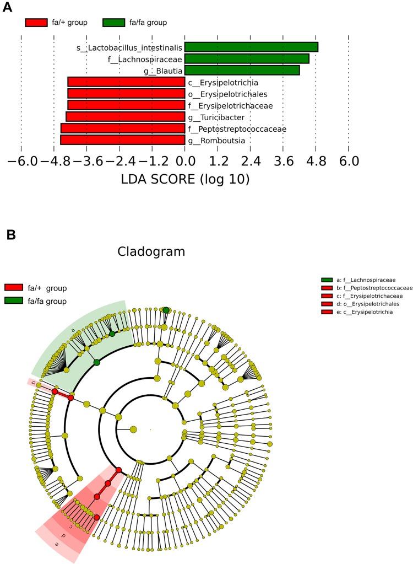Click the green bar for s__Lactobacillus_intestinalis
pyautogui.click(x=251, y=47)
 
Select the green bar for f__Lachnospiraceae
pyautogui.click(x=247, y=58)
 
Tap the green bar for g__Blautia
pyautogui.click(x=242, y=70)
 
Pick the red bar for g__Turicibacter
pyautogui.click(x=125, y=117)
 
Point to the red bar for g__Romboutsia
pyautogui.click(x=122, y=140)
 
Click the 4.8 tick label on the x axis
pyautogui.click(x=316, y=161)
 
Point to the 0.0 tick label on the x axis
pyautogui.click(x=184, y=161)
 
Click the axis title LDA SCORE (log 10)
pyautogui.click(x=184, y=180)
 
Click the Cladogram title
pyautogui.click(x=151, y=252)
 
